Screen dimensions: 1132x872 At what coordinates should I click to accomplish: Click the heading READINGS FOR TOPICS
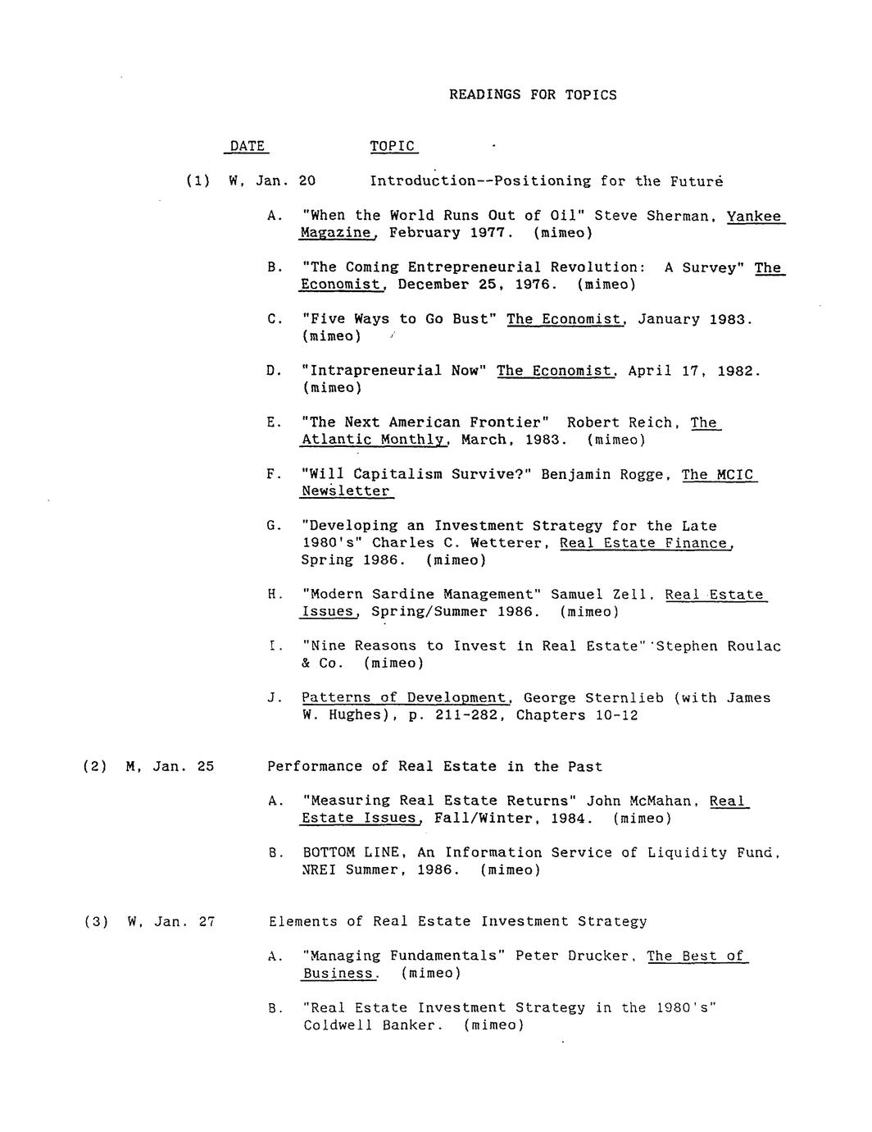click(533, 94)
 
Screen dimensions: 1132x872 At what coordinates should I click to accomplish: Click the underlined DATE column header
click(248, 146)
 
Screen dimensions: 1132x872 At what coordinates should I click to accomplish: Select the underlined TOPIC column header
click(393, 146)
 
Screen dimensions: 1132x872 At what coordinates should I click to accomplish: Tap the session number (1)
click(198, 180)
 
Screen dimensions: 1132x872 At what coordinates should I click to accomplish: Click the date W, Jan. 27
click(170, 921)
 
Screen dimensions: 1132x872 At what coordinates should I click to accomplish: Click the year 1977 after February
click(491, 233)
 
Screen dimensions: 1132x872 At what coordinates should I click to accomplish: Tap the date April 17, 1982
click(693, 371)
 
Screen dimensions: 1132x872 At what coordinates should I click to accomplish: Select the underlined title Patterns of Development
click(406, 698)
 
